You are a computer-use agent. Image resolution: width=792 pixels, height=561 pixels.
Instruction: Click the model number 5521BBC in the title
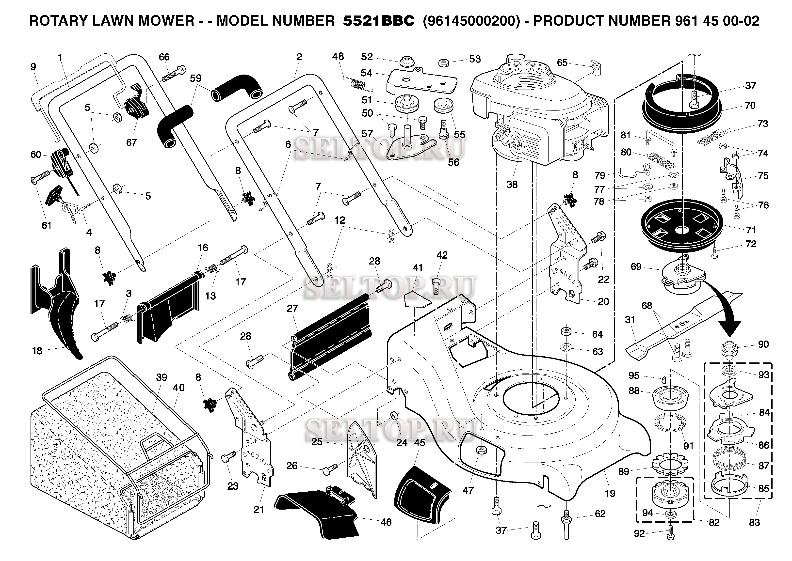[379, 21]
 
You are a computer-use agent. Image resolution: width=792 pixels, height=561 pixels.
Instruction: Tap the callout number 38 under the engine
[512, 185]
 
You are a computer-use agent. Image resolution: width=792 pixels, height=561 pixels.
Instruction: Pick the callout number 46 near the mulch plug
[386, 522]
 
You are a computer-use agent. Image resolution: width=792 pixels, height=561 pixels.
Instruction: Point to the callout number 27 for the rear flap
[292, 308]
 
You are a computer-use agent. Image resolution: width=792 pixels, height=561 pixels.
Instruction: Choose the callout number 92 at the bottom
[639, 534]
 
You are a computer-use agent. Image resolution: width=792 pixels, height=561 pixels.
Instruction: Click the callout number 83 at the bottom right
[754, 522]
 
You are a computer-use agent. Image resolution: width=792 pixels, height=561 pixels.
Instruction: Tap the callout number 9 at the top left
[33, 67]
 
